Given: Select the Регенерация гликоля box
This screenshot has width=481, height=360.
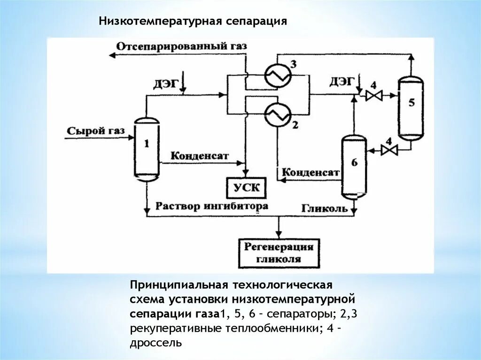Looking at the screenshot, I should point(279,252).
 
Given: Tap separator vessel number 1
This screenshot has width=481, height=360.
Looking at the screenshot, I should point(147,150).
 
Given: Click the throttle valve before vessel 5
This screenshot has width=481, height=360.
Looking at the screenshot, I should point(374,96).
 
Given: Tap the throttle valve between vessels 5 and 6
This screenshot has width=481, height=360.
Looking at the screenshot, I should point(388,150).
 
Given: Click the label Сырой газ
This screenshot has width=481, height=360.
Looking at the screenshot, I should point(96,131).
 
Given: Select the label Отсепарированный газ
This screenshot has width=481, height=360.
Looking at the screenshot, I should point(181,46).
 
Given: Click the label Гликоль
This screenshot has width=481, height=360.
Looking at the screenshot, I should point(325,208).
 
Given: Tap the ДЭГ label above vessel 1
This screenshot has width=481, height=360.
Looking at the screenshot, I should point(167,84).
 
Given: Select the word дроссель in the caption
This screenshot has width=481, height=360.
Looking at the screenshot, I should point(156,343).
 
